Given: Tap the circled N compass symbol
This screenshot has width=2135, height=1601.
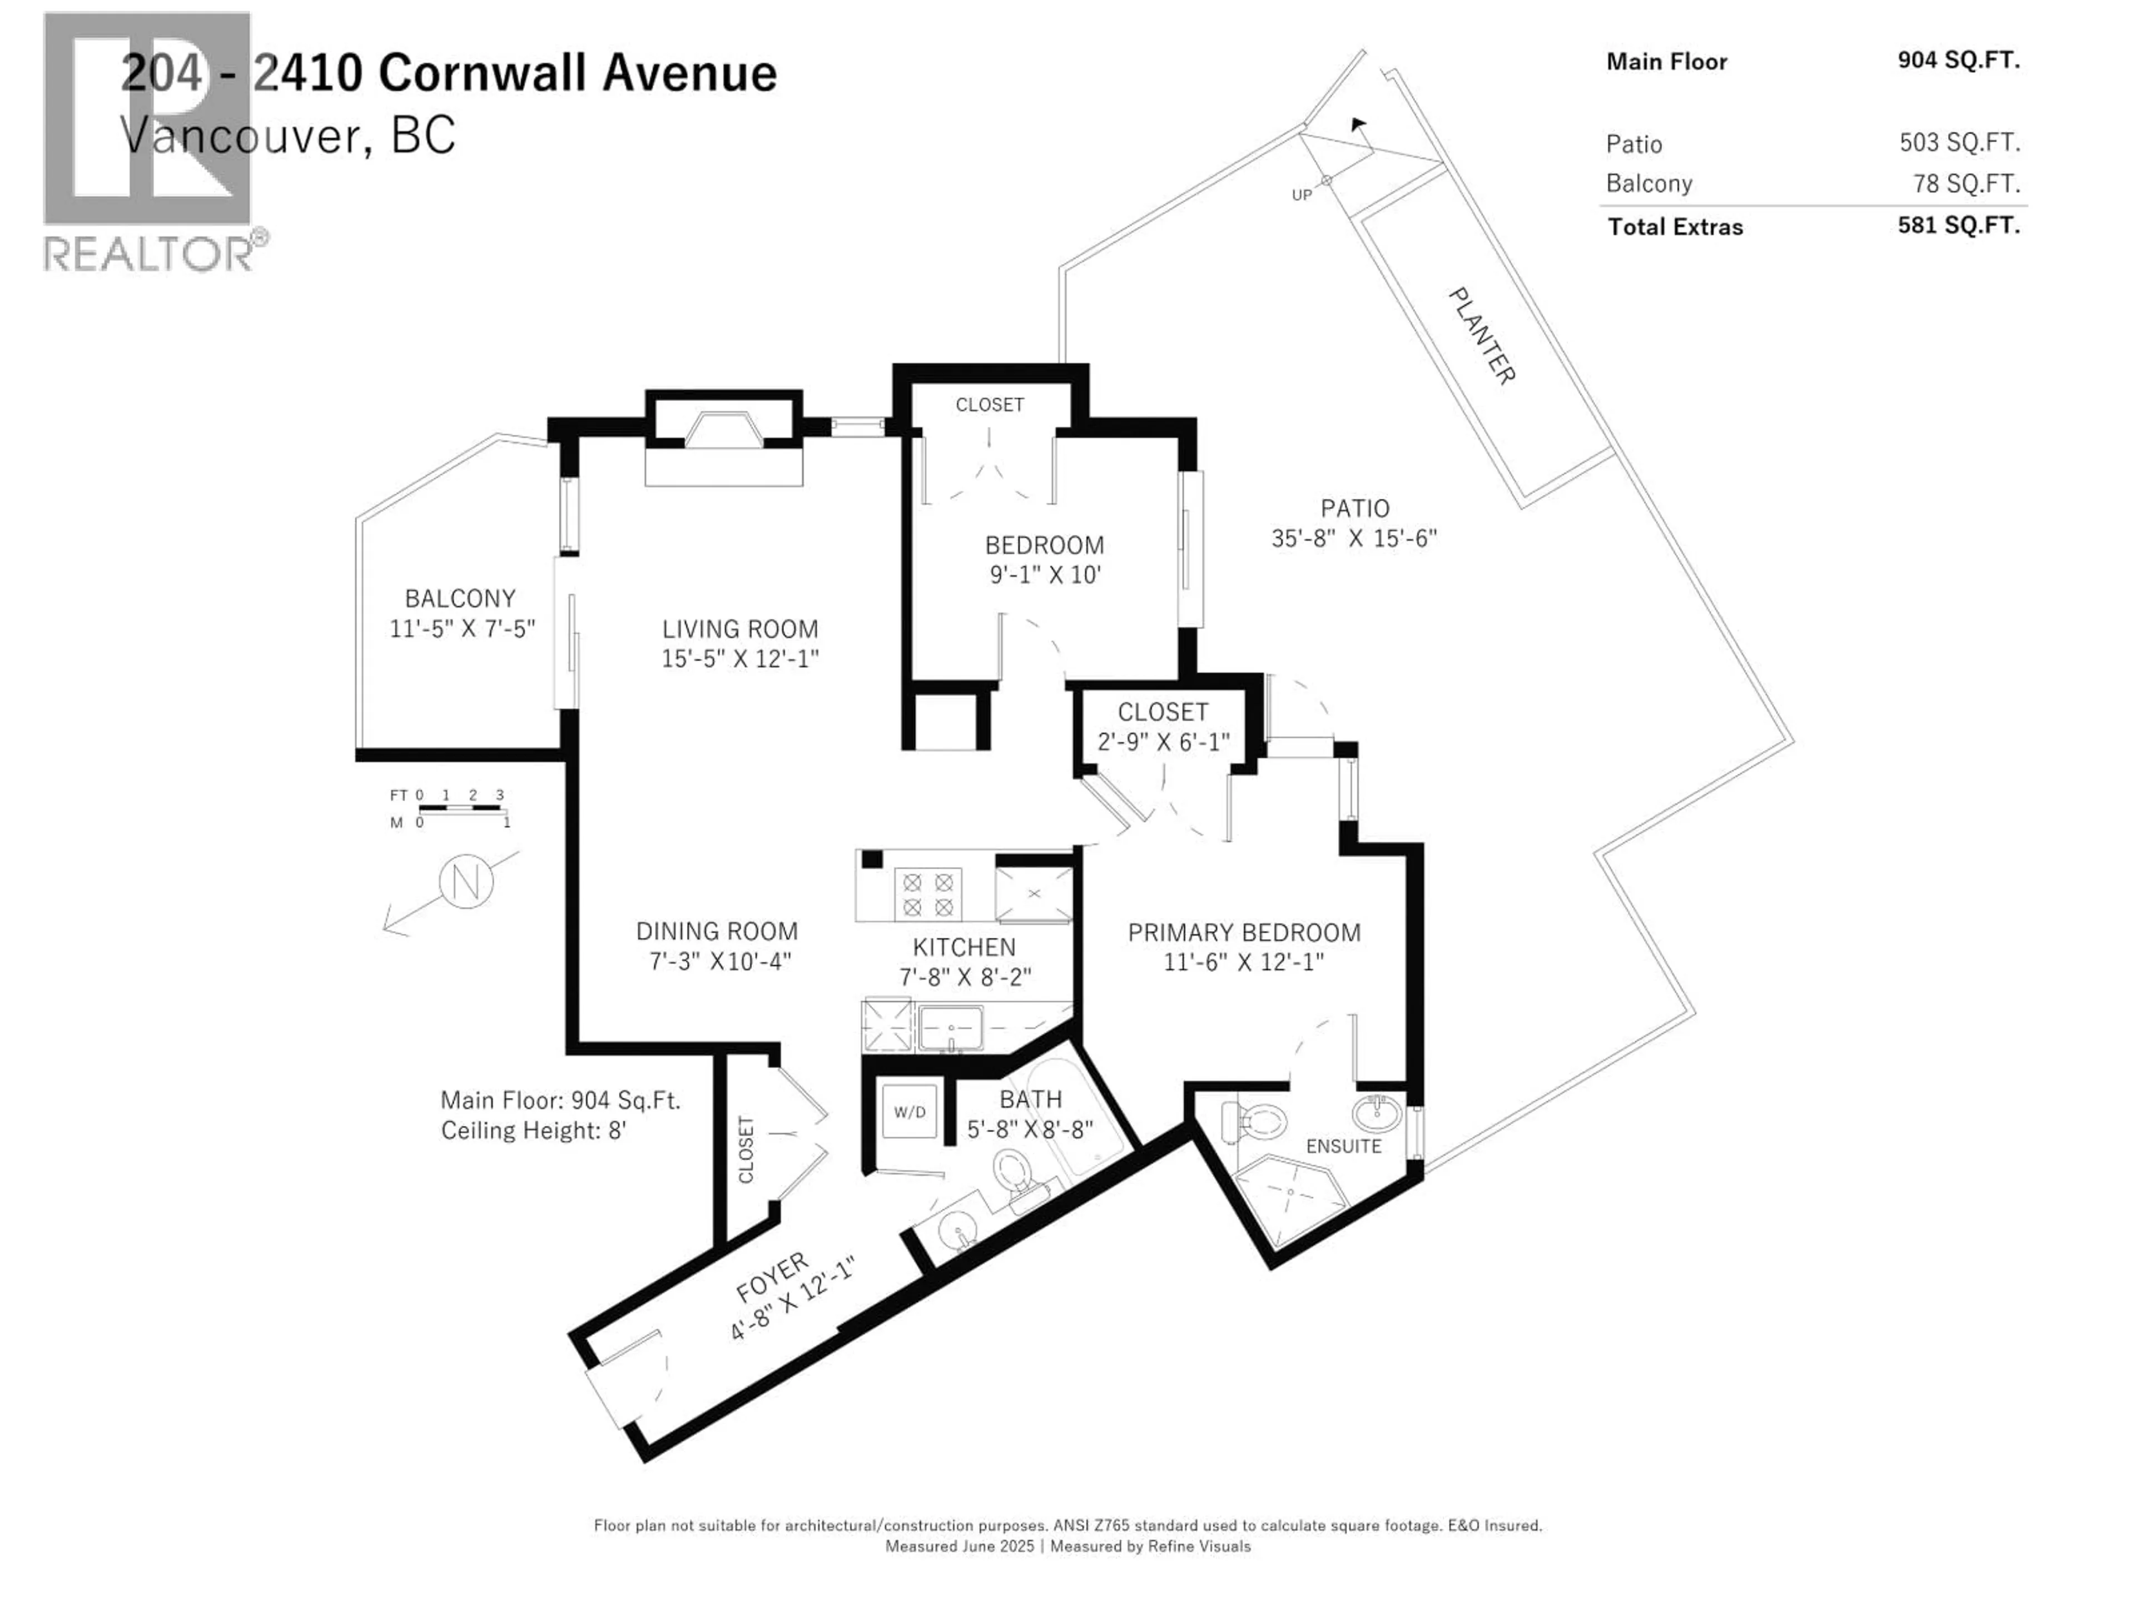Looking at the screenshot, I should click(x=466, y=882).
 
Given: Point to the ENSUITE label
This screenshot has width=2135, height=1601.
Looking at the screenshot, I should click(x=1343, y=1146).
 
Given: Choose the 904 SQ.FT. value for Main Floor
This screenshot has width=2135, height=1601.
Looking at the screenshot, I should click(x=1958, y=61).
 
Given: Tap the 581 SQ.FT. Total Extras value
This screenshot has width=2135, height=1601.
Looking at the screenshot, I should click(x=1958, y=226).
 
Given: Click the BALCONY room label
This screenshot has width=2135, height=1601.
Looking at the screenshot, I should click(x=460, y=598).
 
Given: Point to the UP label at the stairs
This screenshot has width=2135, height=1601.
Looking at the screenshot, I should click(x=1302, y=195).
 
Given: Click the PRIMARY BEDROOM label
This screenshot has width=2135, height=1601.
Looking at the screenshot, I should click(x=1244, y=933).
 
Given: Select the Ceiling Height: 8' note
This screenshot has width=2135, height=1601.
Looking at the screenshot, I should click(x=534, y=1130).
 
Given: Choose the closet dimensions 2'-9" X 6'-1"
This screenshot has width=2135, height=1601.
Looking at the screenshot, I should click(x=1163, y=741).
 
